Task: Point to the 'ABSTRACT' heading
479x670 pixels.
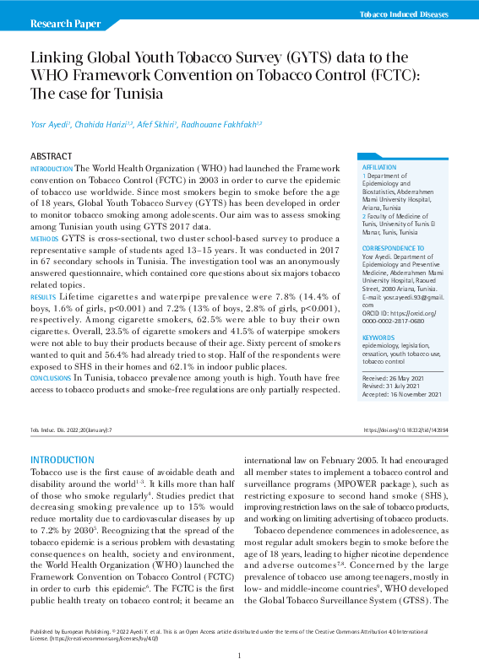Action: coord(52,157)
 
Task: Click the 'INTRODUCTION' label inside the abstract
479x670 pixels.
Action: coord(52,170)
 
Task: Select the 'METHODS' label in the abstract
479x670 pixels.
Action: coord(44,240)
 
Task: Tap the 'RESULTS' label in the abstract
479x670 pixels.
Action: coord(43,299)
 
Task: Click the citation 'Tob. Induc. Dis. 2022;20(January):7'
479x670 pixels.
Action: coord(70,430)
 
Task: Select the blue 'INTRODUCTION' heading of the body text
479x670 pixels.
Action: coord(63,459)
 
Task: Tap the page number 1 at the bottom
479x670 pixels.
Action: coord(239,656)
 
